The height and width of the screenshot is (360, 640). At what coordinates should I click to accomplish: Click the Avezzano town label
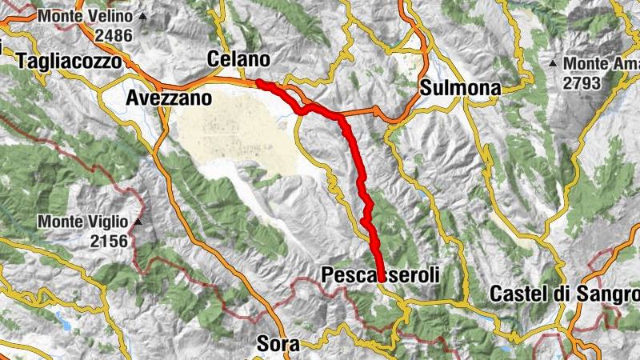coord(169,98)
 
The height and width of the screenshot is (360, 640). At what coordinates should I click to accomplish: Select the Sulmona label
coord(460,88)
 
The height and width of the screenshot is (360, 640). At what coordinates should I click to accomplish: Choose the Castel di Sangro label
coord(565,293)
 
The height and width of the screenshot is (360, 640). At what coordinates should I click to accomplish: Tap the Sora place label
coord(278,345)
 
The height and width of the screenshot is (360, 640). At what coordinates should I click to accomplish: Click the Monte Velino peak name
coord(86,16)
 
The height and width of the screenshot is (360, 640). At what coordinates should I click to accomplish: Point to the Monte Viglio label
coord(85,222)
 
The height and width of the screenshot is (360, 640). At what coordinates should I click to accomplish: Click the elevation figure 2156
coord(110,241)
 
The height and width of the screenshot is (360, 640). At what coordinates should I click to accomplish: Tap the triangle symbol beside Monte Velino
coord(142,16)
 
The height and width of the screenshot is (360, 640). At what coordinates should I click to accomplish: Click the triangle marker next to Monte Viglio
coord(138,222)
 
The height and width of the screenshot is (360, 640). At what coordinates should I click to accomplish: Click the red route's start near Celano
coord(258,82)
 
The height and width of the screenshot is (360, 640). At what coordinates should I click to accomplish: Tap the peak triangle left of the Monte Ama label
coord(553,62)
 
